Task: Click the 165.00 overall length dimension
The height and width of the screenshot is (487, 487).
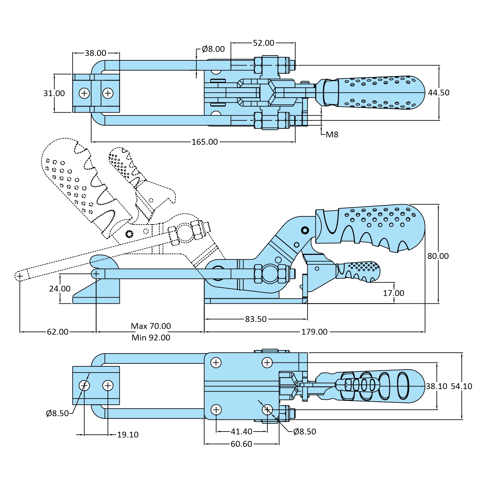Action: tap(204, 142)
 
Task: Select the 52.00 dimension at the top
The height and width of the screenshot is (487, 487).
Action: tap(263, 43)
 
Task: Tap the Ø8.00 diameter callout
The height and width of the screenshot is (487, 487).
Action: tap(213, 49)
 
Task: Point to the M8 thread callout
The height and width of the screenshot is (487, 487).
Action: tap(332, 135)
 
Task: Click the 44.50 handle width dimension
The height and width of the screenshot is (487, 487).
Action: tap(439, 93)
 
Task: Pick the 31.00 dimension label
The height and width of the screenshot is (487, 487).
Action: tap(54, 93)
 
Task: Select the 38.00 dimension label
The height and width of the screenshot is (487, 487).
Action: tap(95, 53)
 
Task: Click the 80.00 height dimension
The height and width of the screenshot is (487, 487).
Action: tap(438, 256)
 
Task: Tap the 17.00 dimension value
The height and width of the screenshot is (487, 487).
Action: tap(394, 293)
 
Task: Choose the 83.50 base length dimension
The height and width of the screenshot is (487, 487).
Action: tap(256, 319)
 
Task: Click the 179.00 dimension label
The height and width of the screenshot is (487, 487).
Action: tap(314, 332)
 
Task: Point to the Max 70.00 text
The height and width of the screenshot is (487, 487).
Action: tap(151, 326)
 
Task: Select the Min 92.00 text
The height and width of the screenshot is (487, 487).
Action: tap(151, 338)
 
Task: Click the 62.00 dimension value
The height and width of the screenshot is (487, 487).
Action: tap(58, 332)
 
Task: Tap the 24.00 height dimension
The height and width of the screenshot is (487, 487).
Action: tap(60, 289)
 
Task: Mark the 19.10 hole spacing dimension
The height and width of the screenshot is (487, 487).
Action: tap(128, 435)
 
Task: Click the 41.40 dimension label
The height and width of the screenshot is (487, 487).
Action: tap(241, 432)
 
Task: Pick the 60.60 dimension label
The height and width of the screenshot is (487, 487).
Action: tap(241, 444)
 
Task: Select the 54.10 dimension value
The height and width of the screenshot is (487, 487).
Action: tap(461, 386)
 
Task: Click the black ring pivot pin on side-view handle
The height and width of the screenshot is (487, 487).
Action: tap(305, 230)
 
